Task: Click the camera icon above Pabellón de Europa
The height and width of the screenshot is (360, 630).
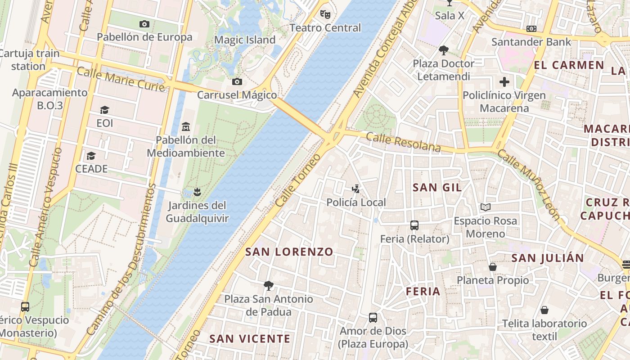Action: [x=144, y=24]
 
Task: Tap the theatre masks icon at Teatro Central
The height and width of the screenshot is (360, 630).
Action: [x=325, y=14]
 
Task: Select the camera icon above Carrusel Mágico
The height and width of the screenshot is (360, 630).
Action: [x=237, y=82]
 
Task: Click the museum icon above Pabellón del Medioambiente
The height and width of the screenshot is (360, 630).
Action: [x=186, y=127]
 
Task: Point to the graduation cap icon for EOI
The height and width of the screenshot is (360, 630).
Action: [x=105, y=110]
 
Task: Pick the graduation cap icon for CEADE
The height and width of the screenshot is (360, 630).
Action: [x=91, y=156]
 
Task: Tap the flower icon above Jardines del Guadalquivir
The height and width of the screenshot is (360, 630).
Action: [x=196, y=193]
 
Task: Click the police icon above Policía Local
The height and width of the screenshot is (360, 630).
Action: [x=356, y=189]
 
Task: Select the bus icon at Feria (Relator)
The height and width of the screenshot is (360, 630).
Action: [x=414, y=225]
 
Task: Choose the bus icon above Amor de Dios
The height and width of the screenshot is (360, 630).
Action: [x=373, y=318]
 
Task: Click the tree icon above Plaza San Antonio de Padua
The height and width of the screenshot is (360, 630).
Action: [x=269, y=285]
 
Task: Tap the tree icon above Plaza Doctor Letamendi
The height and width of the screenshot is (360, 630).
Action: [x=444, y=50]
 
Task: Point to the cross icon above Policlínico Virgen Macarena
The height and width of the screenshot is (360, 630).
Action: [x=504, y=82]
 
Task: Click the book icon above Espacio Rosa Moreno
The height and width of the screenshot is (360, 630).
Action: [x=485, y=207]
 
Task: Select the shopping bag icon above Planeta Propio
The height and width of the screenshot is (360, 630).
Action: [x=493, y=267]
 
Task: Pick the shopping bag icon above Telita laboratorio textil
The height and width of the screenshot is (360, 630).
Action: [x=544, y=310]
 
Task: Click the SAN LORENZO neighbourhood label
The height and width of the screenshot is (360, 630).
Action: [x=289, y=252]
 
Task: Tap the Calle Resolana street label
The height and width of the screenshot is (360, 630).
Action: [x=403, y=142]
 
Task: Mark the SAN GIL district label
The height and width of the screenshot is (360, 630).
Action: [x=437, y=188]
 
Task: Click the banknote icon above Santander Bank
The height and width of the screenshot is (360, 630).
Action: [x=531, y=29]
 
